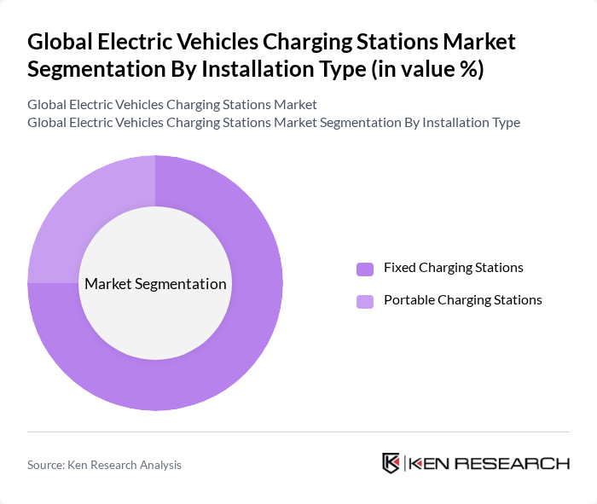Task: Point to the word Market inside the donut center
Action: (108, 284)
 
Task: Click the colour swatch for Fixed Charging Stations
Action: (365, 269)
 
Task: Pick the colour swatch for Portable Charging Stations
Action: (365, 301)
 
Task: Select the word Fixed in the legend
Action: (400, 268)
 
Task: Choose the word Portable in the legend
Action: (408, 300)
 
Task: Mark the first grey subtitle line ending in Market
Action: (172, 104)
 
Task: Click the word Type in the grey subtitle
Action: (503, 122)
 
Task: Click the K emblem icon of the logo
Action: (391, 463)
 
